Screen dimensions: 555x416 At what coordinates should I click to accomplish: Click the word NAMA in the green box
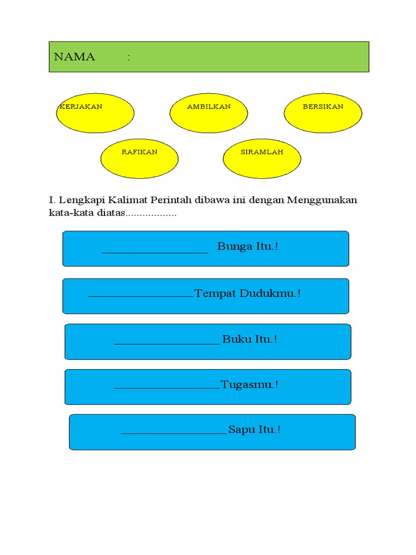(x=74, y=57)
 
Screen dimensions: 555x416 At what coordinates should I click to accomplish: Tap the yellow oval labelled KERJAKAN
(x=95, y=113)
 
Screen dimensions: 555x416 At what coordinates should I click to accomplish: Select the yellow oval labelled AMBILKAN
(x=209, y=113)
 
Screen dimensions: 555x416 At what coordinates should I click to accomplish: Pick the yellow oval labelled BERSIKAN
(x=323, y=113)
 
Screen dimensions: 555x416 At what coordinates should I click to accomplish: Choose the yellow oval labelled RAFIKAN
(x=139, y=158)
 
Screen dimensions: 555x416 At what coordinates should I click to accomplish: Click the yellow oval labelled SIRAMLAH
(x=262, y=158)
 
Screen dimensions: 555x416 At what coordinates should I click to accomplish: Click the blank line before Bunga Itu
(x=155, y=251)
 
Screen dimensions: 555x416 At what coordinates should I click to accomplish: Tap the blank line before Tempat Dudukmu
(x=140, y=296)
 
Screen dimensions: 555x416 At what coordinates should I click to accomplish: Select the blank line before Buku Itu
(x=167, y=343)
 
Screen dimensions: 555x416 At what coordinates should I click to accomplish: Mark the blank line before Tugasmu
(x=167, y=388)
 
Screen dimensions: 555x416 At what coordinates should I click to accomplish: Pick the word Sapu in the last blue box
(x=240, y=430)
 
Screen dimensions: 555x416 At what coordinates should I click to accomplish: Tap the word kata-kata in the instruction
(x=67, y=213)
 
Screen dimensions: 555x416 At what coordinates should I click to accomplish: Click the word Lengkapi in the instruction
(x=77, y=201)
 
